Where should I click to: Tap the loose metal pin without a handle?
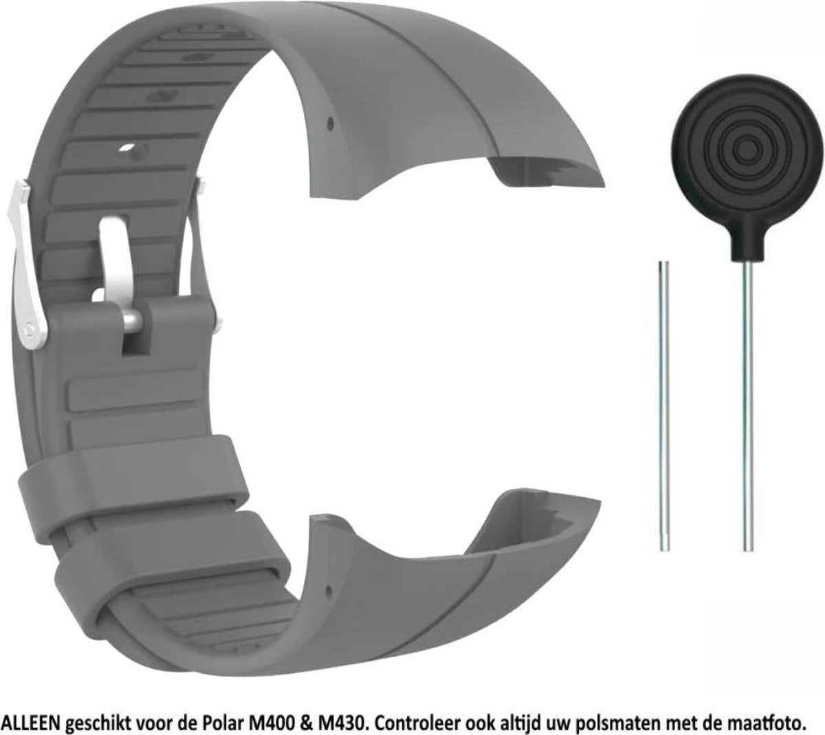pyautogui.click(x=663, y=406)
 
